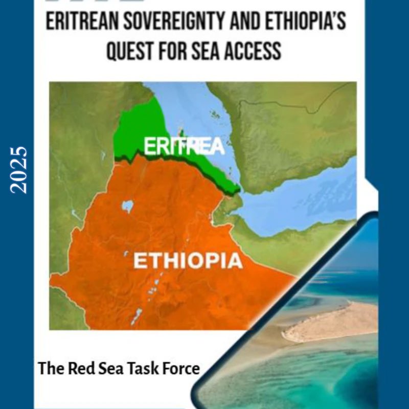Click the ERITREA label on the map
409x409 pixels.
(x=184, y=147)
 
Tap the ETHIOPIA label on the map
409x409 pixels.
(x=188, y=261)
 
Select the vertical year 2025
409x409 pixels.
(x=19, y=170)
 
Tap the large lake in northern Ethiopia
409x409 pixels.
(x=127, y=206)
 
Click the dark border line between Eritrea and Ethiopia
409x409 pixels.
(x=179, y=164)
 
